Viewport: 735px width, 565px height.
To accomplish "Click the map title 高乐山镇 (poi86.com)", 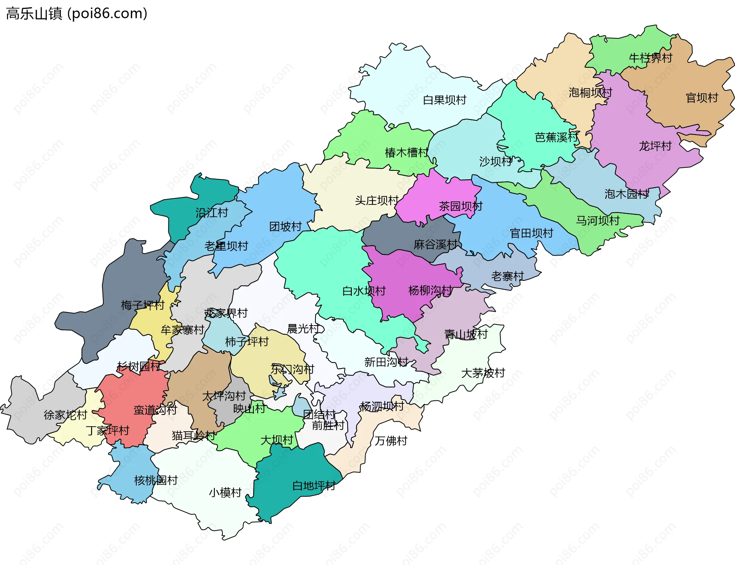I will click(x=77, y=14).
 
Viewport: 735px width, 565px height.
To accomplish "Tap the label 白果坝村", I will click(x=444, y=100).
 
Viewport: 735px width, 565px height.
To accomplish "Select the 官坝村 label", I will click(x=701, y=98).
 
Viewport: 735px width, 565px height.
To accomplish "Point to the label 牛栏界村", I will click(x=650, y=58).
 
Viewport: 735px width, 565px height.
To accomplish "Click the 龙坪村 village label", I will click(x=655, y=146).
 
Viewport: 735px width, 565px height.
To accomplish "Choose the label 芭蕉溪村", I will click(x=556, y=137).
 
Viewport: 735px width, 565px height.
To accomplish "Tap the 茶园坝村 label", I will click(x=461, y=206).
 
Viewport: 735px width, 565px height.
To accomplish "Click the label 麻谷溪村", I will click(x=436, y=244).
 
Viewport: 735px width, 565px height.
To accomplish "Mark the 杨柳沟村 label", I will click(x=430, y=291).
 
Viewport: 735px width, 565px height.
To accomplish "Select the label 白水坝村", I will click(x=364, y=291).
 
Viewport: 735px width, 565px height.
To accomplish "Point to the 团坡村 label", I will click(x=286, y=227).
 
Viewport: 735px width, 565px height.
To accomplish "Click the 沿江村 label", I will click(x=212, y=213).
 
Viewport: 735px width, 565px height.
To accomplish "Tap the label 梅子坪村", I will click(x=142, y=305).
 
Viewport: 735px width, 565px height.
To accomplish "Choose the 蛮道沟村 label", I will click(x=155, y=410).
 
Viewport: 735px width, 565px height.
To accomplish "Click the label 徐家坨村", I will click(x=65, y=415).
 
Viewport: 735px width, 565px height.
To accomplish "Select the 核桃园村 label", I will click(x=156, y=480).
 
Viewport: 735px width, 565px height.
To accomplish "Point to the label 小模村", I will click(x=225, y=493).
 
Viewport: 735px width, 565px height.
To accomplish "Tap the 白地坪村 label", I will click(x=314, y=486).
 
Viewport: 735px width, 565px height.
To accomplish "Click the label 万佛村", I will click(x=390, y=441).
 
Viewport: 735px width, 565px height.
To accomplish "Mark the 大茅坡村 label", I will click(x=483, y=373).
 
